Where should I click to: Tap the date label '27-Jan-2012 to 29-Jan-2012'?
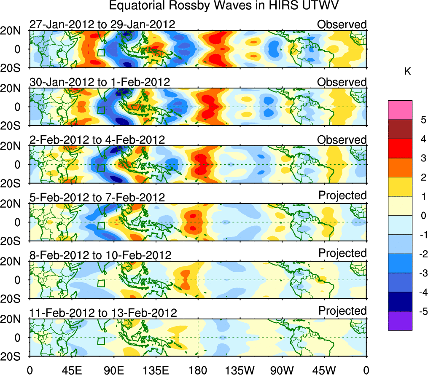point(102,24)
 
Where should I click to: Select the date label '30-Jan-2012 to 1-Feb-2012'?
point(100,82)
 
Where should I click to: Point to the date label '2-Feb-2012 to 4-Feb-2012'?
point(97,139)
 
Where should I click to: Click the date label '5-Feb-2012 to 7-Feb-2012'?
point(97,197)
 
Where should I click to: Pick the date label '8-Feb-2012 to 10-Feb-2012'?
point(100,255)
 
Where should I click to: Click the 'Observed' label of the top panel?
point(342,24)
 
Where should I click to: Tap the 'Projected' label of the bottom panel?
point(342,311)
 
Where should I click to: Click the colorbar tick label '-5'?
point(420,311)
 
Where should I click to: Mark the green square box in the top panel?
point(101,52)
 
